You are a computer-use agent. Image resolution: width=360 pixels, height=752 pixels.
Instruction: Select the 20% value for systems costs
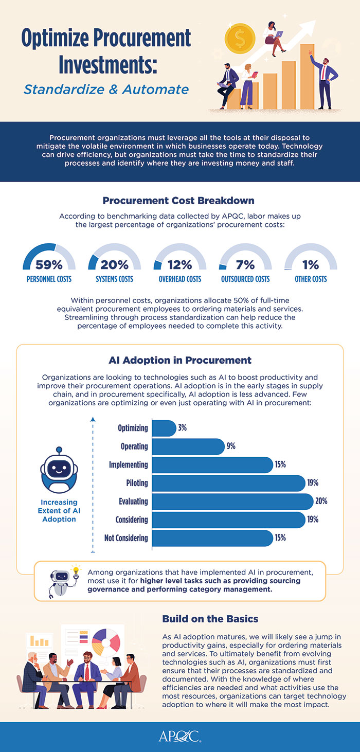pyautogui.click(x=114, y=265)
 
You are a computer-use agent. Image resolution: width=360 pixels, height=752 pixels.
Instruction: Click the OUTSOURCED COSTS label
pyautogui.click(x=245, y=279)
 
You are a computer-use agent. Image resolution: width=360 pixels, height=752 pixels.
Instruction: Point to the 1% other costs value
pyautogui.click(x=310, y=265)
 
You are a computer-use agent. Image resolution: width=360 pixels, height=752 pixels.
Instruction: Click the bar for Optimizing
pyautogui.click(x=165, y=428)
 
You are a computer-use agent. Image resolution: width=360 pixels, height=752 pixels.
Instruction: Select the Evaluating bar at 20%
pyautogui.click(x=233, y=502)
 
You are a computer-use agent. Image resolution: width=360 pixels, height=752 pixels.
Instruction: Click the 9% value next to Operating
pyautogui.click(x=230, y=446)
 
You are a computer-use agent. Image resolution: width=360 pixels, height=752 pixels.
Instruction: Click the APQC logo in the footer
pyautogui.click(x=179, y=737)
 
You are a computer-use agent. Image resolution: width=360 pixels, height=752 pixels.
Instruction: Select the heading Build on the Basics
pyautogui.click(x=210, y=619)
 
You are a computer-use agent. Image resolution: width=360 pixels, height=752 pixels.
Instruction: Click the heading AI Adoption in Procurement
pyautogui.click(x=179, y=360)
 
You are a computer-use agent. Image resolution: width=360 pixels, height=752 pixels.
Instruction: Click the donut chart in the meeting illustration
pyautogui.click(x=106, y=639)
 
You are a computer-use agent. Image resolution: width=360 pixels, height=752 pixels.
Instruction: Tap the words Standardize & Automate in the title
pyautogui.click(x=106, y=89)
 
